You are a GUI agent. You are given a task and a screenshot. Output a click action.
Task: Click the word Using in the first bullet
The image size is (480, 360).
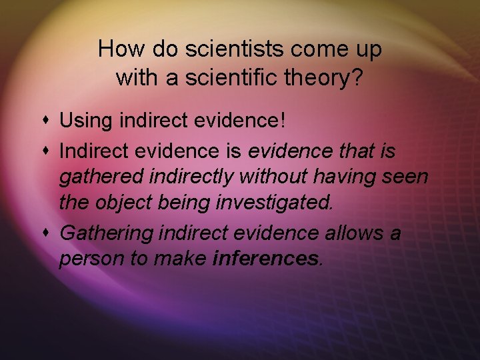81,121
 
